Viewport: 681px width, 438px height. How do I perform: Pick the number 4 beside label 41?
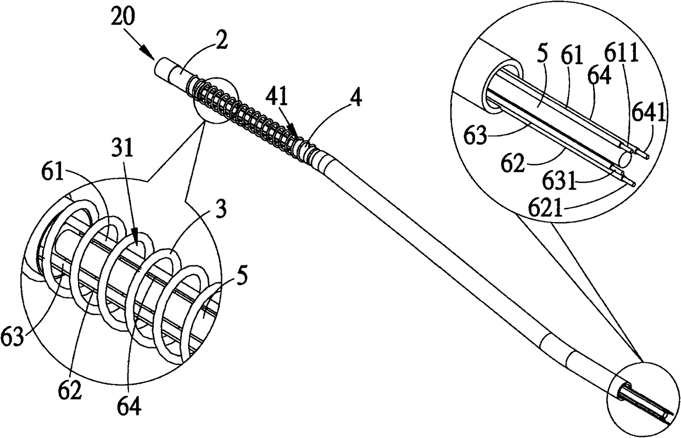pos(355,98)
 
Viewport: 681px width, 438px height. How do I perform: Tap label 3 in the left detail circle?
pos(221,210)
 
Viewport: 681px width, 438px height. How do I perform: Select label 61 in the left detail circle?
pos(52,171)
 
